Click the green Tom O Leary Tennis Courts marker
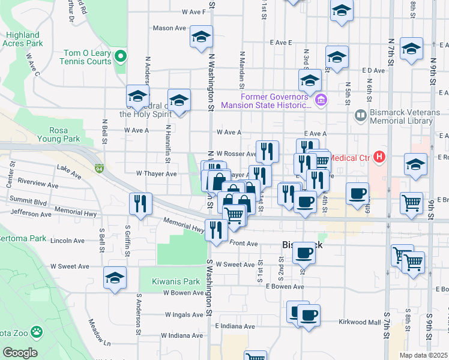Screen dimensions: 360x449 pyautogui.click(x=121, y=57)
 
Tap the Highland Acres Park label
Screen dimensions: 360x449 pyautogui.click(x=23, y=39)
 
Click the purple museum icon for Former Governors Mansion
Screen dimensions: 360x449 pyautogui.click(x=321, y=99)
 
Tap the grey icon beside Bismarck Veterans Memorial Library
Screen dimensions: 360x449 pyautogui.click(x=360, y=114)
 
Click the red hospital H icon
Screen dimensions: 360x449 pyautogui.click(x=379, y=158)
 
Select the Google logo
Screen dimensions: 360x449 pyautogui.click(x=19, y=353)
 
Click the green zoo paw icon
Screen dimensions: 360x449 pyautogui.click(x=37, y=331)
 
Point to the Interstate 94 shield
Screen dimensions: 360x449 pyautogui.click(x=98, y=169)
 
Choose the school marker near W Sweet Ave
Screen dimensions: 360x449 pyautogui.click(x=115, y=278)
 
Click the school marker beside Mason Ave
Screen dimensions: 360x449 pyautogui.click(x=202, y=37)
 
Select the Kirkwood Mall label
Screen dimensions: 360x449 pyautogui.click(x=359, y=322)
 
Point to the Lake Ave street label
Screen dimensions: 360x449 pyautogui.click(x=68, y=172)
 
